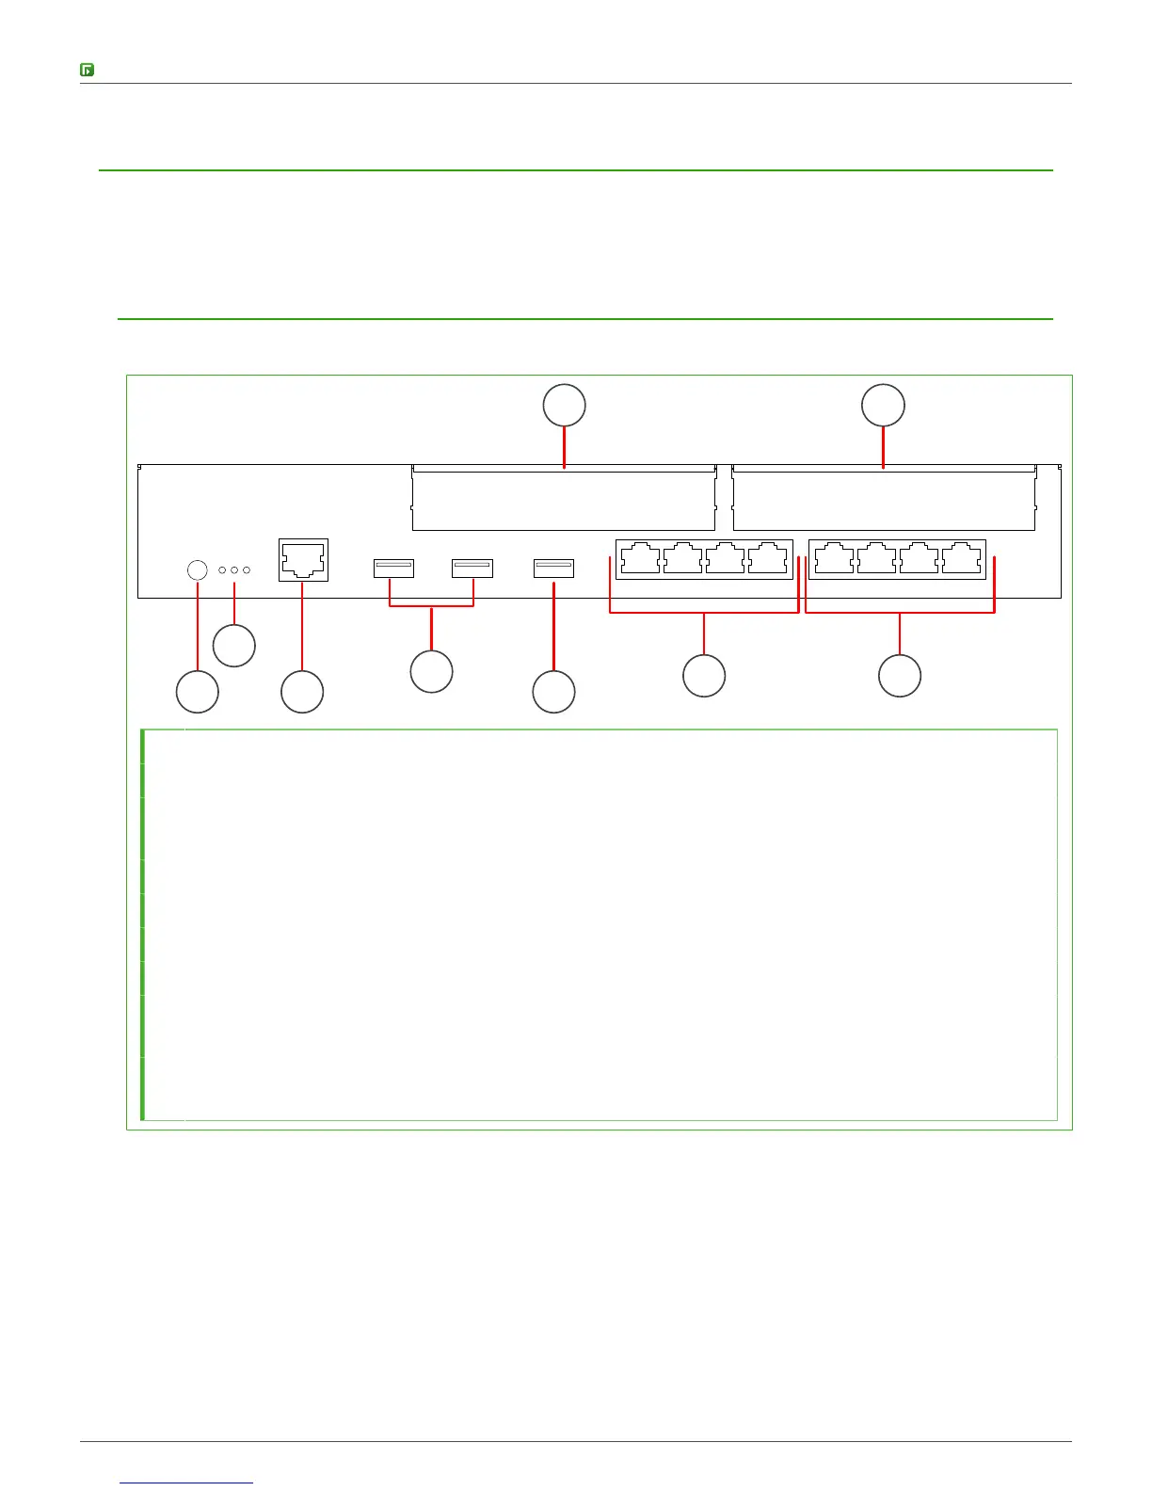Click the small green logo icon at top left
87,70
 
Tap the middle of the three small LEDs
234,570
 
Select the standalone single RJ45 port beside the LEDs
303,560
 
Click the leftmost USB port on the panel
393,568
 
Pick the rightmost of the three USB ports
553,568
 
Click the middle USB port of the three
472,568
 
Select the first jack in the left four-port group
641,558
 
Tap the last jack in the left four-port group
768,558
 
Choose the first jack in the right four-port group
834,558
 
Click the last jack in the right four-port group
961,558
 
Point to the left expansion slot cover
563,499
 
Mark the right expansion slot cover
884,499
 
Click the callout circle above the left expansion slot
565,406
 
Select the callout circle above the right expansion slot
884,406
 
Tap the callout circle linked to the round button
198,693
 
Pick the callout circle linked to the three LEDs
234,646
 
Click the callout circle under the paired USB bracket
432,672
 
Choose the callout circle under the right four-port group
900,676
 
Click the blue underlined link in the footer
187,1483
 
